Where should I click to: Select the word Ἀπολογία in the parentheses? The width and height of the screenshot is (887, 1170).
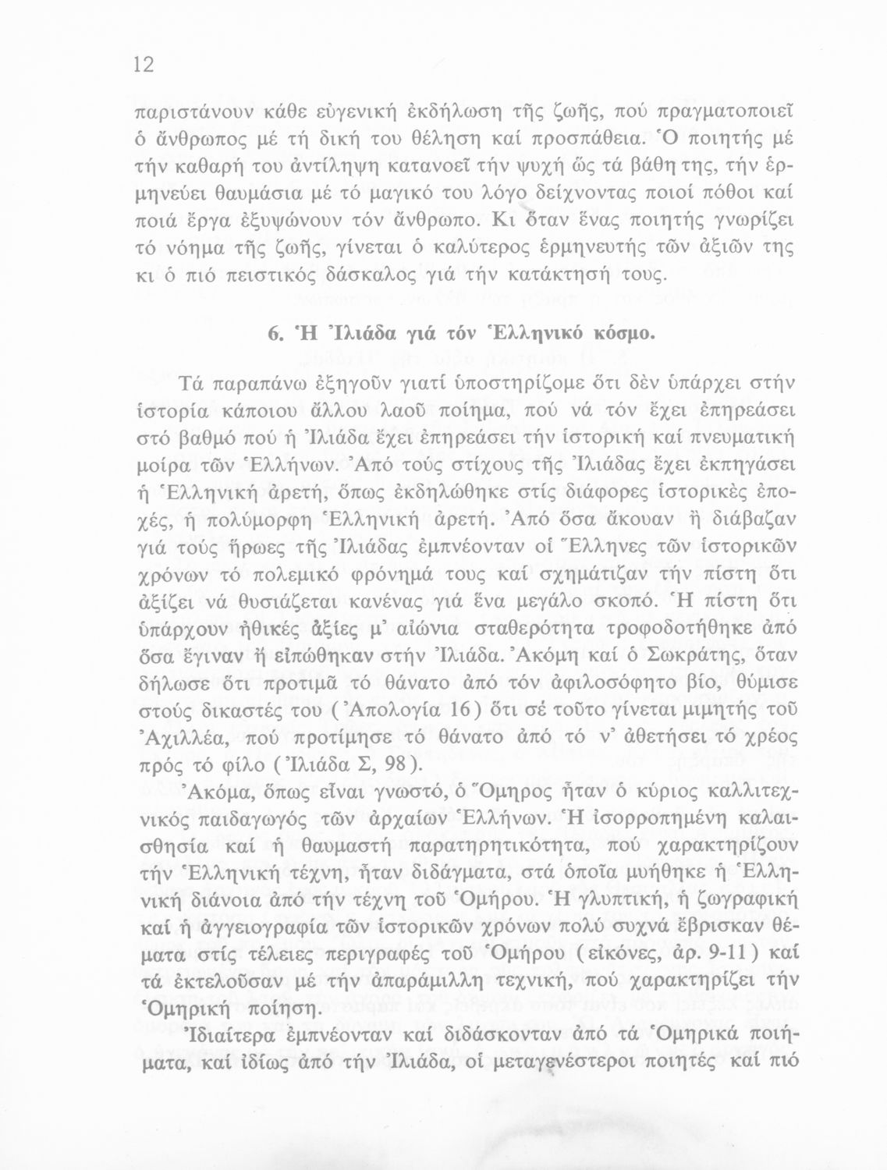[396, 709]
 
